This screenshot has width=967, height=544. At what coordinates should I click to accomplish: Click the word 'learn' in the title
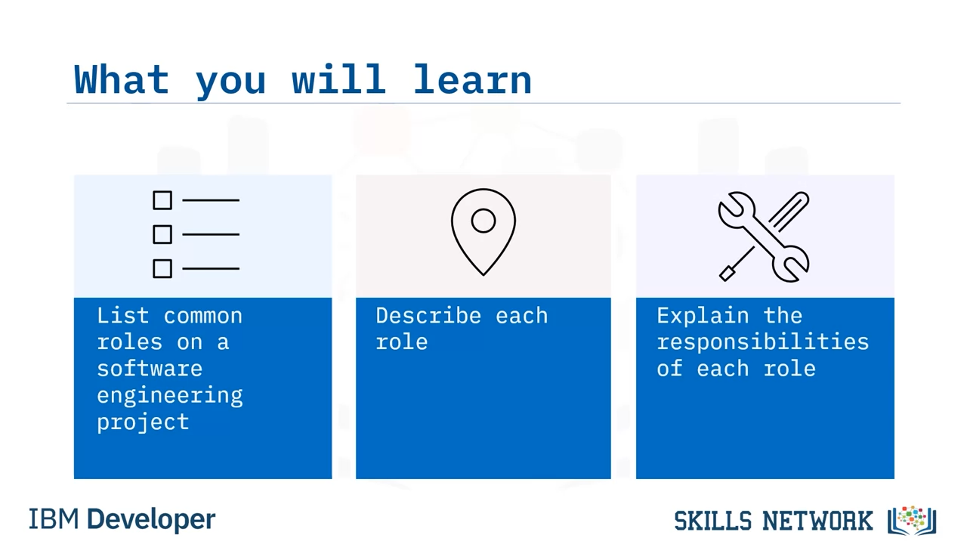pos(472,79)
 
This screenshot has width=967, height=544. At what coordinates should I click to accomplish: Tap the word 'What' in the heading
pos(122,79)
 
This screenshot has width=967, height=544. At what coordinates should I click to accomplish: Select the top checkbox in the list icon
pos(162,200)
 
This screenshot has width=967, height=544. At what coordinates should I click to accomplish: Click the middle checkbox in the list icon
pos(162,234)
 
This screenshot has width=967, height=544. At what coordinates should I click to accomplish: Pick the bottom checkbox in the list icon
pos(162,268)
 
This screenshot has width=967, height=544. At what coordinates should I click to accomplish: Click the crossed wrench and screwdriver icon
pos(763,236)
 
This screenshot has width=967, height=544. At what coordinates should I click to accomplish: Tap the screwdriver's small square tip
pos(727,274)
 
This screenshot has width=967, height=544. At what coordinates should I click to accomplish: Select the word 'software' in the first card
pos(150,369)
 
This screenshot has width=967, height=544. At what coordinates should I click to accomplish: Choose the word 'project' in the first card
pos(143,422)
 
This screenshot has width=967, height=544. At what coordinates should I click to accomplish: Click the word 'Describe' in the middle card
pos(428,315)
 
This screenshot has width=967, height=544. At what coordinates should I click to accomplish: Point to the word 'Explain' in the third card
pos(703,316)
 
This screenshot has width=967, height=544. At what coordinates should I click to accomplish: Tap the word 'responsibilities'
pos(763,343)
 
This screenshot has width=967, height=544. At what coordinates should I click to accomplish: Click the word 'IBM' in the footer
pos(54,519)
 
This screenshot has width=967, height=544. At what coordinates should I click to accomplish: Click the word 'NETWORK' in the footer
pos(817,521)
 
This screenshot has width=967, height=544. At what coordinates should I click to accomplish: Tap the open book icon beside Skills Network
pos(912,521)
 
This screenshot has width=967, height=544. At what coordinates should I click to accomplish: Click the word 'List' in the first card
pos(123,315)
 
